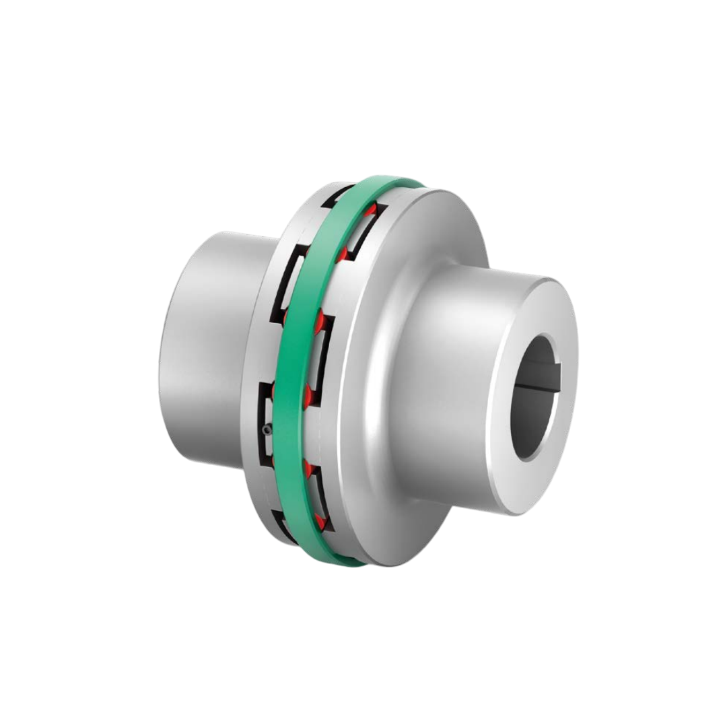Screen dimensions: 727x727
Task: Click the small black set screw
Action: pos(268,429)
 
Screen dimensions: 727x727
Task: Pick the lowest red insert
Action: pos(322,522)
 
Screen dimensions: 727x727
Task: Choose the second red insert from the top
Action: pos(343,254)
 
